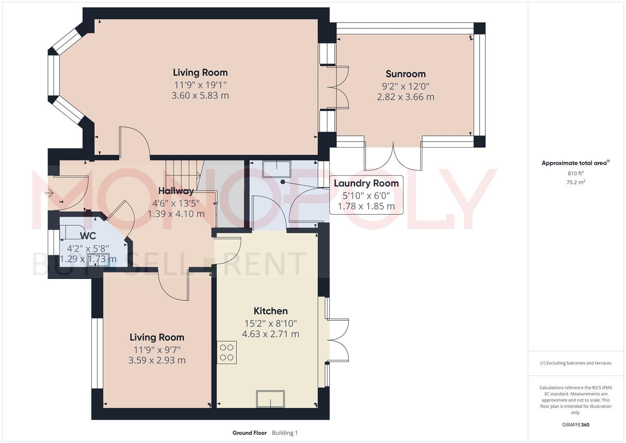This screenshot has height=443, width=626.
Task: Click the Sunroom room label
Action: point(405,74)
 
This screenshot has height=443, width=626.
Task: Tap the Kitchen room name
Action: point(271,311)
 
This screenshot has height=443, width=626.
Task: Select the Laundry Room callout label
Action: point(366,183)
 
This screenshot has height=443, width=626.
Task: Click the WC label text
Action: point(88,236)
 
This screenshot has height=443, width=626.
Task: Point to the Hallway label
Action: point(176,191)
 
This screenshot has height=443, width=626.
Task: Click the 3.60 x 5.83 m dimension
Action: point(200,96)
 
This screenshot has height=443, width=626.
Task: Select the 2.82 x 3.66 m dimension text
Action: point(405,97)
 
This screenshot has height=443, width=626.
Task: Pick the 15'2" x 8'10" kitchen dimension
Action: point(271,323)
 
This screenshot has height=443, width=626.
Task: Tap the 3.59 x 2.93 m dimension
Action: point(157,361)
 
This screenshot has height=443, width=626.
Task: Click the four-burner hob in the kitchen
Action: point(227,352)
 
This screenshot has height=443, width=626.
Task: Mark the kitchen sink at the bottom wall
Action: point(270,399)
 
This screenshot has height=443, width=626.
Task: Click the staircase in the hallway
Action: point(184,174)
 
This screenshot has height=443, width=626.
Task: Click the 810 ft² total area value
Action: point(575,174)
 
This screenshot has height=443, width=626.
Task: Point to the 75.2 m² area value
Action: point(575,183)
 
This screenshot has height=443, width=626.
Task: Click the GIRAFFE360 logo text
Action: point(575,425)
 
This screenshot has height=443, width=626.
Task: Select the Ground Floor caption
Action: point(249,433)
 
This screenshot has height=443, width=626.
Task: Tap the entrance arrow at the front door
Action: point(50,192)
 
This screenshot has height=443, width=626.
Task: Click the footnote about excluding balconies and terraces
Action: point(575,363)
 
